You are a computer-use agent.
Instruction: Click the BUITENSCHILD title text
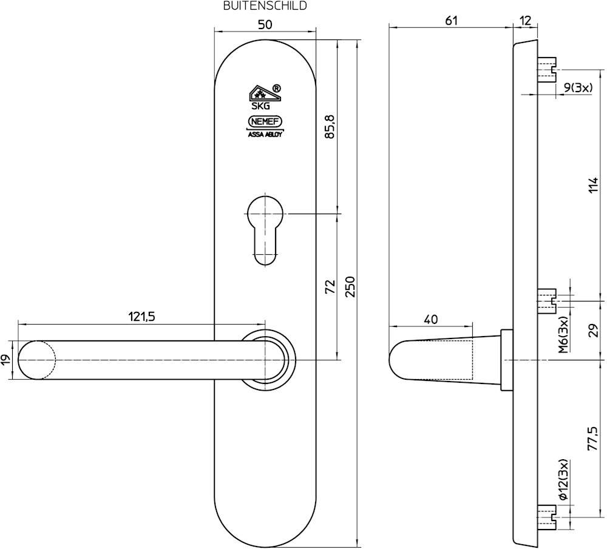265,5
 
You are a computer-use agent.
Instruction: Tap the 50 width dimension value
265,24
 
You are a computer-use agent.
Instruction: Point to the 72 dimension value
330,287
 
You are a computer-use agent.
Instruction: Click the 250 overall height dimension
350,287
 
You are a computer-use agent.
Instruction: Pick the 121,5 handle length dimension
141,317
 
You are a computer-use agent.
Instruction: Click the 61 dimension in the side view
451,20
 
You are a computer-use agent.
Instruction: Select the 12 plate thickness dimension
525,20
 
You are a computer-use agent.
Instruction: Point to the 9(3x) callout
578,87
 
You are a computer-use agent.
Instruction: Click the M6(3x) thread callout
563,334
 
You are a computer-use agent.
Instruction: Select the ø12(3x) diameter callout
563,480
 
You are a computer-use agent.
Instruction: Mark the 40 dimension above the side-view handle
430,319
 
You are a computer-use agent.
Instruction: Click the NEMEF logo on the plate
265,122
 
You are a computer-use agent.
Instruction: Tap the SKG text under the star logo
260,106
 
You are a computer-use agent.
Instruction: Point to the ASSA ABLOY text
265,135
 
